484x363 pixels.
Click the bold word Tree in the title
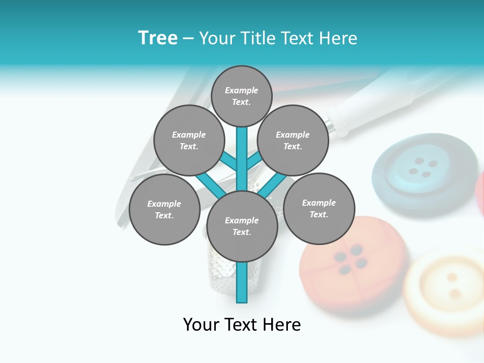pos(158,38)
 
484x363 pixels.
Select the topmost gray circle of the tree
pos(241,96)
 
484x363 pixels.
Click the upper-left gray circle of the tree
pos(189,140)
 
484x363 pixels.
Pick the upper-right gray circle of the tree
pos(293,140)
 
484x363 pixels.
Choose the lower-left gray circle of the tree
pos(164,209)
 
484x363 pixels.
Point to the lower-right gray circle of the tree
pos(319,208)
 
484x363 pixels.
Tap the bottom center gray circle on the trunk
pos(242,226)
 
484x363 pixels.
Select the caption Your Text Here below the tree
pos(242,324)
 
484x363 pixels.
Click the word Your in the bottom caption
pos(201,324)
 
